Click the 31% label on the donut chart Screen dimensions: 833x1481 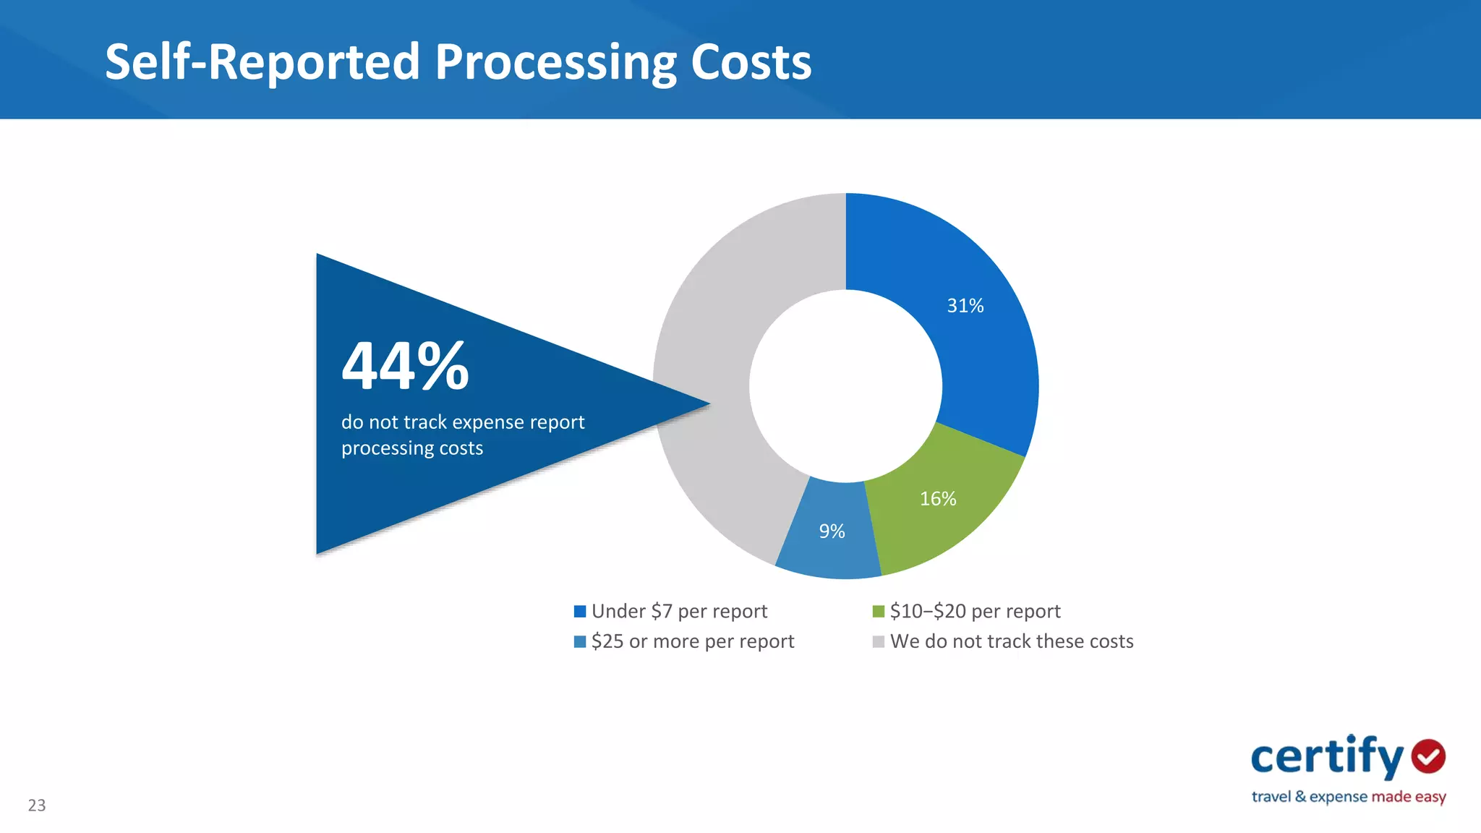[965, 306]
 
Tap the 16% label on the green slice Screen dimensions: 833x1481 [937, 499]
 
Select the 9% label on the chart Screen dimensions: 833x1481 [832, 531]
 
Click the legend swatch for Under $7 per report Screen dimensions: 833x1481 [579, 612]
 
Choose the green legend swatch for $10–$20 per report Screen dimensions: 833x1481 [878, 612]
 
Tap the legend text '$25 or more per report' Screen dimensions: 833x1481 [692, 641]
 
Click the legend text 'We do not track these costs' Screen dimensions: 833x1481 [1011, 641]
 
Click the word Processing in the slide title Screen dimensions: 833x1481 [555, 62]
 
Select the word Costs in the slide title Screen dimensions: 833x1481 [751, 62]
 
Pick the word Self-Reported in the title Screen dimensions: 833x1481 [262, 62]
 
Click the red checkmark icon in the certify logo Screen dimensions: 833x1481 [1428, 756]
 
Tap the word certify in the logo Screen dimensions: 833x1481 [1327, 757]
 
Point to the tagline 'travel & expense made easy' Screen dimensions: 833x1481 [1348, 797]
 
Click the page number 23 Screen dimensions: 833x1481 [37, 806]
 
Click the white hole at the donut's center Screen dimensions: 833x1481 [845, 386]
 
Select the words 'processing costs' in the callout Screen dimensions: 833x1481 [411, 448]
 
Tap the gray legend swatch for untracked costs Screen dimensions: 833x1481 [878, 642]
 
